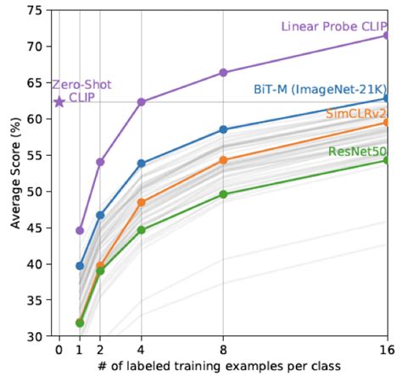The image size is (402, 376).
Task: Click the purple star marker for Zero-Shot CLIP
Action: coord(59,102)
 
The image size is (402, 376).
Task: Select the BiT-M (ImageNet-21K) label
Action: coord(320,90)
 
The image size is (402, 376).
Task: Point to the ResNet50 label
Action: coord(358,152)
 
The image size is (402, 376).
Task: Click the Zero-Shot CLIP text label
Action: coord(81,91)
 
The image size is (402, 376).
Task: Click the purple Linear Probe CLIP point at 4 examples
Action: coord(141,102)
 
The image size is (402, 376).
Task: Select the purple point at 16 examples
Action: coord(388,36)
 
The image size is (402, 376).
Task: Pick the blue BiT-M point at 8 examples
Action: coord(223,130)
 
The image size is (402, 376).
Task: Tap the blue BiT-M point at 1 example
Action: coord(80,265)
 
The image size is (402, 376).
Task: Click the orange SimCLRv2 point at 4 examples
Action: coord(141,202)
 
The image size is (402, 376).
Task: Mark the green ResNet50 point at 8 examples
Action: coord(223,194)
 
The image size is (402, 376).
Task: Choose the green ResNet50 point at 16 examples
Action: coord(388,160)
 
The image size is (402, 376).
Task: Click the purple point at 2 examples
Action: coord(100,162)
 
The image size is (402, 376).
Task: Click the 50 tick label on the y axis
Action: coord(34,191)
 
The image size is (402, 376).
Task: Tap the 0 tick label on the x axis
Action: coord(59,348)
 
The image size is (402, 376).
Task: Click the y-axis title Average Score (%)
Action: coord(13,174)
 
